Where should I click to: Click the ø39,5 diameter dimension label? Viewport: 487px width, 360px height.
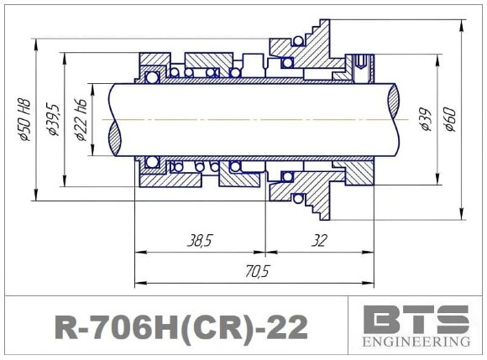tap(54, 119)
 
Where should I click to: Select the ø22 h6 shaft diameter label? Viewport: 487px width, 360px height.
tap(81, 119)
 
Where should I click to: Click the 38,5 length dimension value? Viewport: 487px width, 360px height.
tap(199, 241)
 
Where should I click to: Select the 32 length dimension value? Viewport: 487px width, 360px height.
tap(318, 241)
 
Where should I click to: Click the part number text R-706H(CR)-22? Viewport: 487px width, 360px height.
tap(180, 326)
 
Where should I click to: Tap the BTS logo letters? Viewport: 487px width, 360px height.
tap(416, 320)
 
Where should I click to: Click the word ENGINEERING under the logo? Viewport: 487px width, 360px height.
tap(416, 342)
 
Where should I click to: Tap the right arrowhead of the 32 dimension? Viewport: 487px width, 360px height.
tap(369, 252)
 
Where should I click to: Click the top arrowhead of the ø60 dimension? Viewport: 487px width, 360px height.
tap(461, 24)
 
